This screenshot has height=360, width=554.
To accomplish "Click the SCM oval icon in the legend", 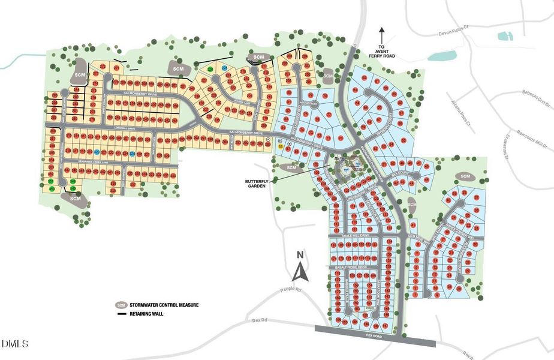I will [121, 305].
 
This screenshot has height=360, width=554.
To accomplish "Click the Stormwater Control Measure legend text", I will [165, 305].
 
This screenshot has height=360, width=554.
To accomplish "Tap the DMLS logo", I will [15, 344].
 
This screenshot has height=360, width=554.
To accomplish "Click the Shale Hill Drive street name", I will [354, 236].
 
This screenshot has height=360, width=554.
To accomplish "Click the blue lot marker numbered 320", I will [97, 153].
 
